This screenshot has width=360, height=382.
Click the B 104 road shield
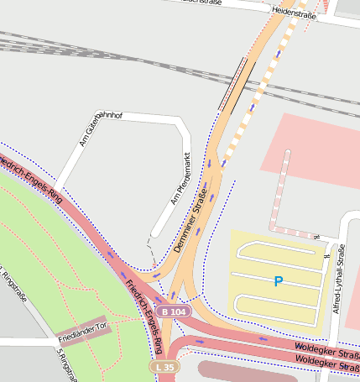[174, 311]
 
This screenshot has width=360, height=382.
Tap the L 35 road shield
[166, 368]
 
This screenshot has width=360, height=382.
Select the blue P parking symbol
[279, 281]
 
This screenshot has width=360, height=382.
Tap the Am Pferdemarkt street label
[180, 178]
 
